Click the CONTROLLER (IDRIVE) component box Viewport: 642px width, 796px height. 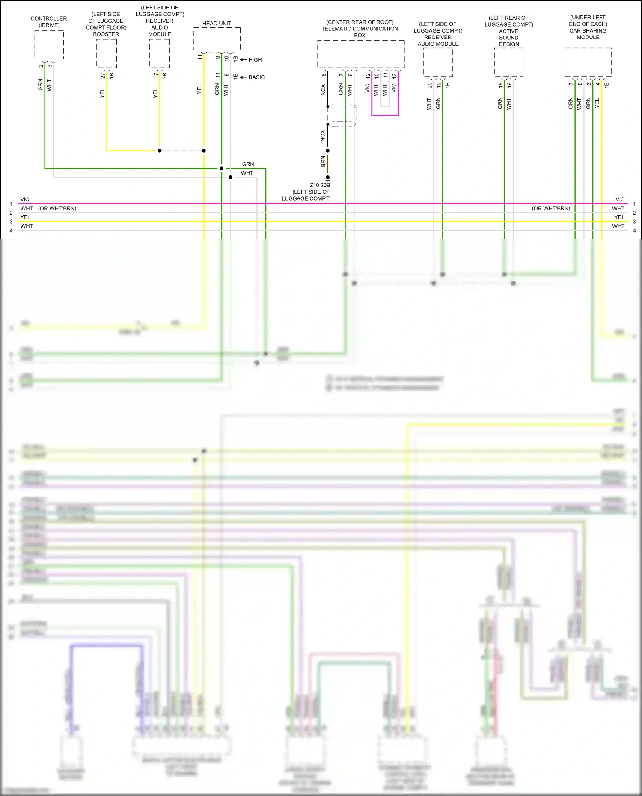49,45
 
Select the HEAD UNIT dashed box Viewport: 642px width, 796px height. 217,39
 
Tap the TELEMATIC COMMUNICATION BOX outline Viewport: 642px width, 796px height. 361,54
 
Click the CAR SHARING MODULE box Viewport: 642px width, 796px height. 588,62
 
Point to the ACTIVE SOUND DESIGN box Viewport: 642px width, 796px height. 509,62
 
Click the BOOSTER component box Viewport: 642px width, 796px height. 107,53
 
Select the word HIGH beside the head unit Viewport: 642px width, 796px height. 255,60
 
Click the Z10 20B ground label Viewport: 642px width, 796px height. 320,185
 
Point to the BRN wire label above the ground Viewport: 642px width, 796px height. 323,161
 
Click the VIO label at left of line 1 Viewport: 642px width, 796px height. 25,199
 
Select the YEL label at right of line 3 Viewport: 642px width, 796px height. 619,217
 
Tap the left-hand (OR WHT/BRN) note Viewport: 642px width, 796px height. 57,208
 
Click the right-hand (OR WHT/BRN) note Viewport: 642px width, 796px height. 551,208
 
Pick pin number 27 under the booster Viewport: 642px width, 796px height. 103,76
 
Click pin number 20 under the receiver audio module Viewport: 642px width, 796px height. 430,85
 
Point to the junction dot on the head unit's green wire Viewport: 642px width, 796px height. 222,169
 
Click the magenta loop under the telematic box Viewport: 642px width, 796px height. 385,115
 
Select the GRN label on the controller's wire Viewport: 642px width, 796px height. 40,84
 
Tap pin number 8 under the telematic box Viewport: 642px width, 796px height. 324,75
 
